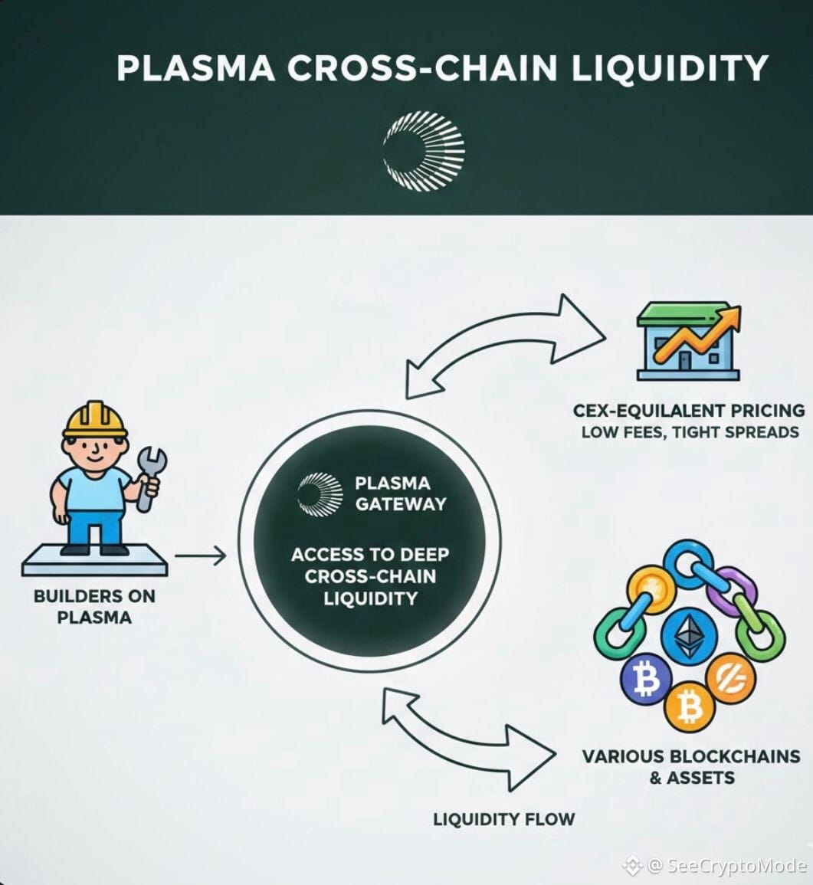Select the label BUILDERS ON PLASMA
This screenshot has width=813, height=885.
94,605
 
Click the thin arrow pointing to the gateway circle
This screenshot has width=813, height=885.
201,556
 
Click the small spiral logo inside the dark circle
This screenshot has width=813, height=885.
321,493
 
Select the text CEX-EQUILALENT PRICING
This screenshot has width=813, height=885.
689,410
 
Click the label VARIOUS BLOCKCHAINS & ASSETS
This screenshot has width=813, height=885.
691,767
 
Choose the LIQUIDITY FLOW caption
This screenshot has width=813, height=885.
503,818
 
